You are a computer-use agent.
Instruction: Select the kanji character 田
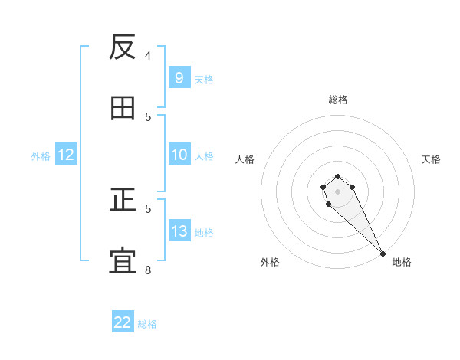click(x=123, y=109)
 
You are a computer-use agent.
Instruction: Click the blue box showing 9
click(x=179, y=78)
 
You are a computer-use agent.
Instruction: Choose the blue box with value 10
click(x=179, y=155)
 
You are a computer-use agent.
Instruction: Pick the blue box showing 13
click(x=179, y=231)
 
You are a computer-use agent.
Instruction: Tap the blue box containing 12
click(x=66, y=155)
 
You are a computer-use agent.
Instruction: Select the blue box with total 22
click(x=123, y=322)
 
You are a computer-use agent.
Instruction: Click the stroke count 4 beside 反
click(x=148, y=55)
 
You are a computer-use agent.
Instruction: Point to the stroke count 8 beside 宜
click(x=148, y=270)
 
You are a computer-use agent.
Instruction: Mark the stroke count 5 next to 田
click(x=148, y=116)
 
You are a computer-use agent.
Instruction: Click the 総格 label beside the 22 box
click(x=147, y=324)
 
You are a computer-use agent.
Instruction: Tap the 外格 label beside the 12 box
click(x=41, y=156)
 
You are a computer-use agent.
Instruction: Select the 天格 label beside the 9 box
click(x=204, y=80)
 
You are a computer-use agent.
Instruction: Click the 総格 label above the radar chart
click(x=337, y=100)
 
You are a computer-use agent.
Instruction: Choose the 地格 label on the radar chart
click(x=402, y=262)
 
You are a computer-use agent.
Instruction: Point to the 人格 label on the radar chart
click(x=245, y=159)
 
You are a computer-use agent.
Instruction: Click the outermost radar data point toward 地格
click(x=383, y=254)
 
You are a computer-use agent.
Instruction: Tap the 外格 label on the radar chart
click(x=270, y=262)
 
